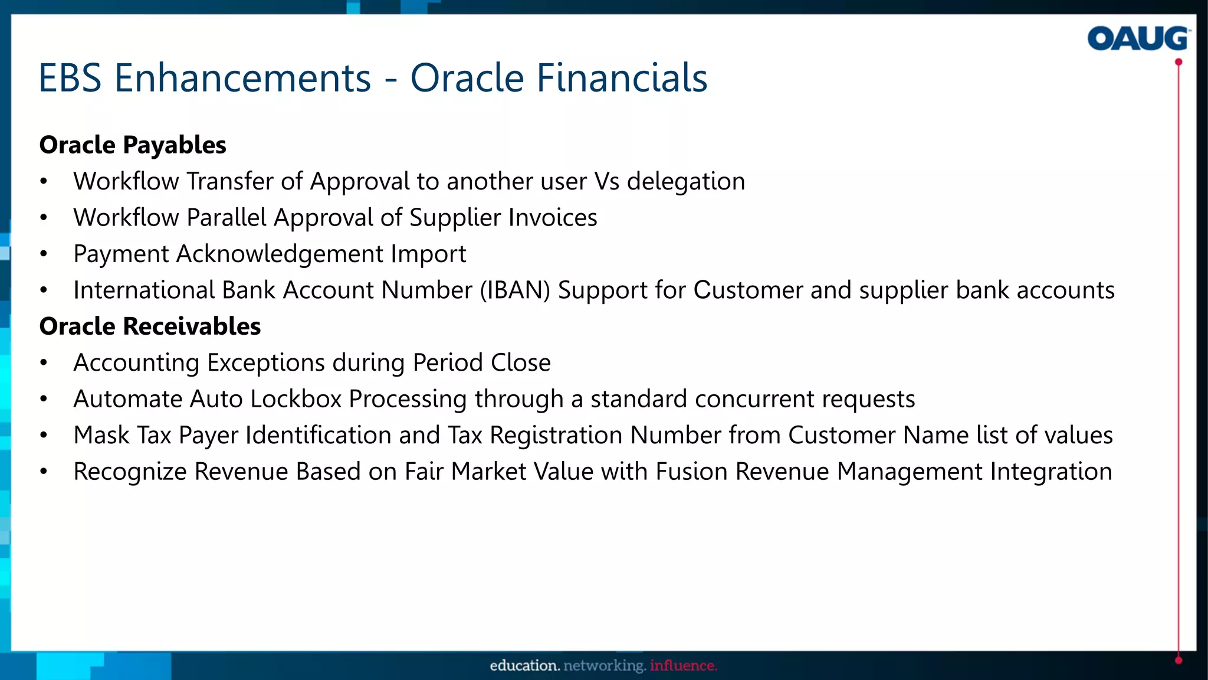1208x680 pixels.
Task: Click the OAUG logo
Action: (1138, 39)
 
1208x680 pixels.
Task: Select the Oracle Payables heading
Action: (133, 145)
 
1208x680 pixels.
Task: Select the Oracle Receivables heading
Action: (150, 326)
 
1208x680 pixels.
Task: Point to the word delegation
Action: (685, 181)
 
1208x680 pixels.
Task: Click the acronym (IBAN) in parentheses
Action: (515, 290)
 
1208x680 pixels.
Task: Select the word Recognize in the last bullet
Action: (130, 472)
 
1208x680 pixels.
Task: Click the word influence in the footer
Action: (683, 666)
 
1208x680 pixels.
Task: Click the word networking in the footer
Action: (604, 666)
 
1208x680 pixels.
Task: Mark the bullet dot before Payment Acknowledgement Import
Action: (44, 254)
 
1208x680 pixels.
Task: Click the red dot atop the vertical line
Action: (1179, 62)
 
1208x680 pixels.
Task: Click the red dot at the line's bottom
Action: (1179, 660)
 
